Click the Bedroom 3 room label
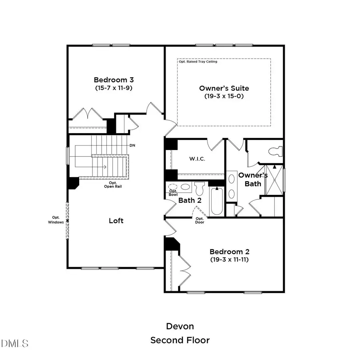click(x=113, y=80)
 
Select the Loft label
click(x=116, y=220)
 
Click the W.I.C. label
click(x=197, y=159)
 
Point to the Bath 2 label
click(x=190, y=200)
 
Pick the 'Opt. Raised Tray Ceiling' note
click(x=198, y=62)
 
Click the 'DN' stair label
click(x=132, y=145)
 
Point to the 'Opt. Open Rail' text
click(x=109, y=184)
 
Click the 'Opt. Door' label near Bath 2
click(x=200, y=220)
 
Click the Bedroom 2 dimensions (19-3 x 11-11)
click(x=230, y=259)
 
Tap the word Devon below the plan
click(x=180, y=326)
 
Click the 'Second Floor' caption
click(x=180, y=340)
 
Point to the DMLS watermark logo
click(x=15, y=343)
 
